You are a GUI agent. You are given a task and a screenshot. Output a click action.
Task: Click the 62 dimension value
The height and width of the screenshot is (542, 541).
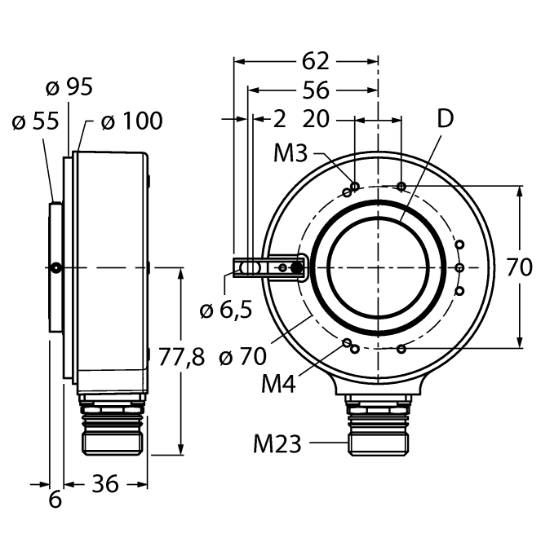315,61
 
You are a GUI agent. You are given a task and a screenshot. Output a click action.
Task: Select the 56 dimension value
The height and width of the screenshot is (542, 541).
316,90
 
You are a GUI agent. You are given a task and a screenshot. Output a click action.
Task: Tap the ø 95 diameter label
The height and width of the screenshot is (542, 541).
69,86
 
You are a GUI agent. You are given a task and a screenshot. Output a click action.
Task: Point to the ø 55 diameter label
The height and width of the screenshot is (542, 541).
35,121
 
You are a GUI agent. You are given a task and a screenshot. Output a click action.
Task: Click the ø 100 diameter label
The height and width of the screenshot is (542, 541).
132,121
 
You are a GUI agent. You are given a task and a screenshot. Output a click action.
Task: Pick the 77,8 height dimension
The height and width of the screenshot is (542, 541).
182,356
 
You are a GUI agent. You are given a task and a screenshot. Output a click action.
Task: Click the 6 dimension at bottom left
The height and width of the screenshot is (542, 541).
55,500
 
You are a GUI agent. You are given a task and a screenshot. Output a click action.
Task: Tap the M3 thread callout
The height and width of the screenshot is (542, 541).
290,153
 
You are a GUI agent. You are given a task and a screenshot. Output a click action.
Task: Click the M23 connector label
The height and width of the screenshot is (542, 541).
277,444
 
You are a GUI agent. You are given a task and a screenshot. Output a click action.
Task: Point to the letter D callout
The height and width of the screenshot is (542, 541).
446,118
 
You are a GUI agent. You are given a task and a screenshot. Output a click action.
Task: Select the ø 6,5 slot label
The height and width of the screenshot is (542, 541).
226,310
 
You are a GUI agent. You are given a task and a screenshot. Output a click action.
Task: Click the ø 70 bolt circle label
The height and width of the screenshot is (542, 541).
242,356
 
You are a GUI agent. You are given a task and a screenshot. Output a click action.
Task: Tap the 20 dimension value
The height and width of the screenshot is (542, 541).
316,119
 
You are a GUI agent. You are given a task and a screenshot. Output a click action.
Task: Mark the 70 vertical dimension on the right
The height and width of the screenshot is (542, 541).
519,267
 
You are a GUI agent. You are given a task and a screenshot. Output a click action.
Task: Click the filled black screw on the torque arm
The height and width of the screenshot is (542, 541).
297,267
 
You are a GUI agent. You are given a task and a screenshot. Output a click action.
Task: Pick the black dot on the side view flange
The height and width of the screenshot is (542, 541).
55,267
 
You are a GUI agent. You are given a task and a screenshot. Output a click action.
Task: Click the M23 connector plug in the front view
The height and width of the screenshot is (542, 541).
378,425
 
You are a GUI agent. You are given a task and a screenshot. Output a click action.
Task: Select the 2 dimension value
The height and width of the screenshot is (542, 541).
280,119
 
